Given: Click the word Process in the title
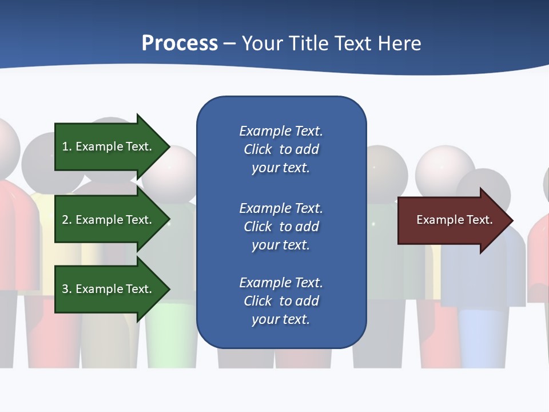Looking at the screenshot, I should [180, 43].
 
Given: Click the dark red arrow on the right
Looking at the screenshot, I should [452, 220].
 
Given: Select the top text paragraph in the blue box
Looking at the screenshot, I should [281, 149].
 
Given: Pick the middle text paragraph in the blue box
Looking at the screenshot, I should [281, 227].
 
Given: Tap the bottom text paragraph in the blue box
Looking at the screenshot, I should [281, 301].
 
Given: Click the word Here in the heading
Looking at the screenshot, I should [400, 43].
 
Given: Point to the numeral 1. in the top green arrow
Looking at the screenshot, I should [67, 146].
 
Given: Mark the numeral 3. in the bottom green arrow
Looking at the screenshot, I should [67, 289].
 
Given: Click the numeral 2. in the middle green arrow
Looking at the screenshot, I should [67, 220].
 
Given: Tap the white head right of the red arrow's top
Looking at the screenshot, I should [445, 169].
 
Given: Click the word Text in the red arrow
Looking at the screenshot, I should [480, 220].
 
